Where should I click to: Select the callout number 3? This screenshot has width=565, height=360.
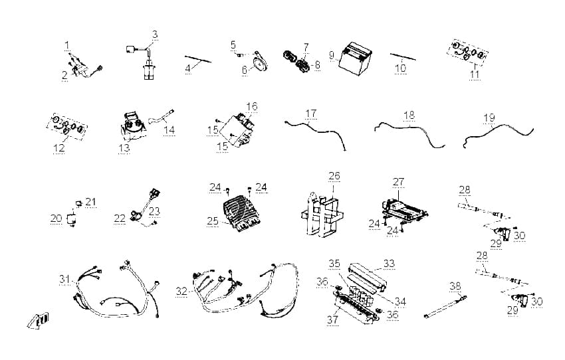pos(155,35)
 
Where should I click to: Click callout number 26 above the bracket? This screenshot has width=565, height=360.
pos(334,175)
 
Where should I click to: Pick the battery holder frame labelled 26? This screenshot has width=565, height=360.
pos(322,215)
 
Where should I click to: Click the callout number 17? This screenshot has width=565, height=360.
pos(310,114)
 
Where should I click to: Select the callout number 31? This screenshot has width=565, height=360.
pos(64,279)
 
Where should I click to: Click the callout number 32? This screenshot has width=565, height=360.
pos(181,291)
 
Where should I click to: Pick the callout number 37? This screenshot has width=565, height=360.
pos(332,319)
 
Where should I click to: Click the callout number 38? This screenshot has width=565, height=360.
pos(455,286)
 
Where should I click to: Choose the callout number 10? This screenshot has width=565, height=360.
pos(400,68)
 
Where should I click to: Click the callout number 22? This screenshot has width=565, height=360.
pos(120,218)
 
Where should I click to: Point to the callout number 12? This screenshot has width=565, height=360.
pos(58,147)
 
